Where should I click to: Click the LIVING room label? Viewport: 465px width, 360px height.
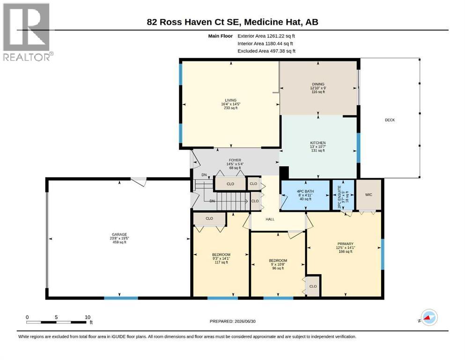(230, 100)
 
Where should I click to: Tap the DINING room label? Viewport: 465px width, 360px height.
(318, 84)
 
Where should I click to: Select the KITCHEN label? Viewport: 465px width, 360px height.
(318, 143)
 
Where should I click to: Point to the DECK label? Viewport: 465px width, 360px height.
(390, 120)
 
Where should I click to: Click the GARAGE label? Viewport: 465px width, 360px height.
(119, 234)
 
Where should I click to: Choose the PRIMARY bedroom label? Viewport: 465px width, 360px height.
(346, 244)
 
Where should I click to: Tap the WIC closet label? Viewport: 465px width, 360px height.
(369, 195)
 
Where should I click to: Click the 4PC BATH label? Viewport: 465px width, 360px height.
(305, 191)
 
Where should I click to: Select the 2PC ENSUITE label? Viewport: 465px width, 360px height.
(340, 196)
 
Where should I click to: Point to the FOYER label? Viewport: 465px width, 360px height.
(235, 160)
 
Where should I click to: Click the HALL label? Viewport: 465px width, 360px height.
(270, 219)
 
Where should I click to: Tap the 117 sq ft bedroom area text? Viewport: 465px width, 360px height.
(221, 262)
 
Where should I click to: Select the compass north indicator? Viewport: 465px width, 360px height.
(429, 317)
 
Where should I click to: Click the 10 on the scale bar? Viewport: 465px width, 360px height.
(88, 317)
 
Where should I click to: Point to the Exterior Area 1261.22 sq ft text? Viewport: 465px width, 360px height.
(266, 36)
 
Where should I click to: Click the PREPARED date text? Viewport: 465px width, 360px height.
(232, 321)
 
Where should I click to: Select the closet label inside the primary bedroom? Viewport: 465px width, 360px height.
(313, 286)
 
